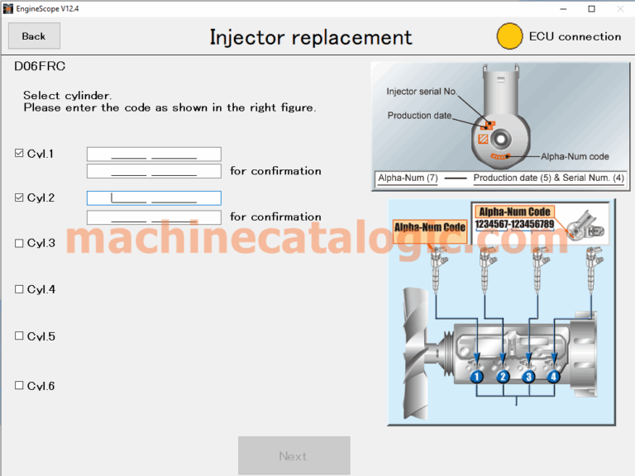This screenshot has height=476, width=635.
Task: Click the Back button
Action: pyautogui.click(x=34, y=36)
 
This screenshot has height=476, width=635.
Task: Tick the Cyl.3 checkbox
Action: pyautogui.click(x=19, y=243)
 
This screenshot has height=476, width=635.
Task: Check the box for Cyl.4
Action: pyautogui.click(x=19, y=289)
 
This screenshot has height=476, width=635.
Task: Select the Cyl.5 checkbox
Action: pyautogui.click(x=19, y=336)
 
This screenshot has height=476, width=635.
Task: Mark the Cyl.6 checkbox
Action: pyautogui.click(x=19, y=385)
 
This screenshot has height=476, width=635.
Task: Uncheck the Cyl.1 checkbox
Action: pyautogui.click(x=19, y=153)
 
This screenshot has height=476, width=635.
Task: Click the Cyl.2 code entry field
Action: pyautogui.click(x=154, y=198)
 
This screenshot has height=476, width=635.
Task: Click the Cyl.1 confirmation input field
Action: pyautogui.click(x=154, y=171)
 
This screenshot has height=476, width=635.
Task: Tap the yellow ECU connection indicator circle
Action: pyautogui.click(x=509, y=36)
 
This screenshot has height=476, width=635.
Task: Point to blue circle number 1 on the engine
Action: pyautogui.click(x=476, y=377)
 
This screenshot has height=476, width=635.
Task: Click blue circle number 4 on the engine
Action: pyautogui.click(x=554, y=377)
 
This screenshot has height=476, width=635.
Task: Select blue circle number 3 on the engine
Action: pyautogui.click(x=528, y=377)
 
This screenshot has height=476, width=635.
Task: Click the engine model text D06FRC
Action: pyautogui.click(x=40, y=66)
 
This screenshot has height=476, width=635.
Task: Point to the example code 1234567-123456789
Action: pyautogui.click(x=514, y=224)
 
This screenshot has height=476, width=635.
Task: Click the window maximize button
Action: pyautogui.click(x=592, y=9)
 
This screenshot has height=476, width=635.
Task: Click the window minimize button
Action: pyautogui.click(x=563, y=9)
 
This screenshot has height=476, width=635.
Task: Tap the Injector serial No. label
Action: pyautogui.click(x=422, y=92)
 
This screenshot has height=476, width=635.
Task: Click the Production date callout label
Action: pyautogui.click(x=419, y=116)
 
